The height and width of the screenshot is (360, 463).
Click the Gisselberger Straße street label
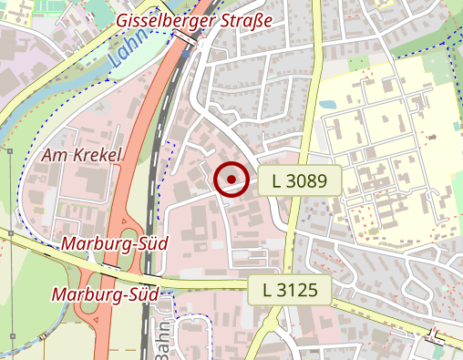click(195, 20)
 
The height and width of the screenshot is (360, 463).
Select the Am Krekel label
click(82, 156)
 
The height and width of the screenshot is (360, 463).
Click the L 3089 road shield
click(299, 180)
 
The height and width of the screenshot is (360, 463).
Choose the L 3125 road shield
click(289, 291)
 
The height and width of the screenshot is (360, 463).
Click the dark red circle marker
click(232, 179)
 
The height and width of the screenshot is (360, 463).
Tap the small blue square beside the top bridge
click(187, 54)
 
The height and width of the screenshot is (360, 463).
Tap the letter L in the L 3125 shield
click(267, 291)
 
